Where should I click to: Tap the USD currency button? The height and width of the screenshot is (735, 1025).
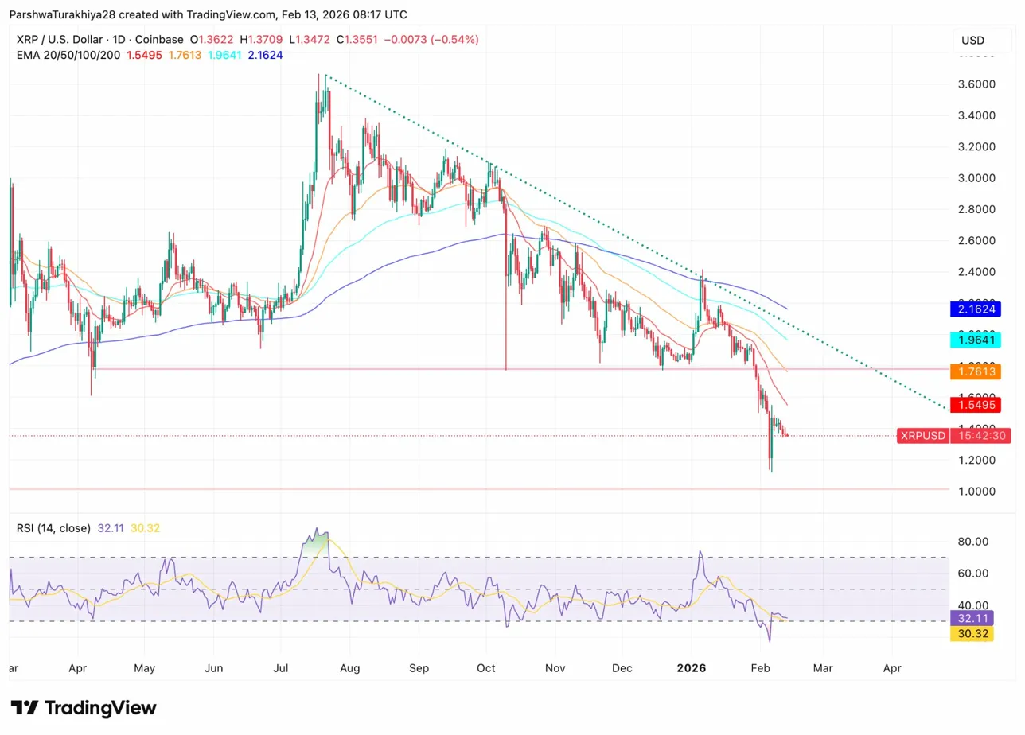pos(972,41)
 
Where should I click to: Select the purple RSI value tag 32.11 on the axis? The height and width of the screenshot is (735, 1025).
pos(972,618)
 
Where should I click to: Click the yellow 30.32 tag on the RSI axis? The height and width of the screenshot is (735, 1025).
pos(972,634)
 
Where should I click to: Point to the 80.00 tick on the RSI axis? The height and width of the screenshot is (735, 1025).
pos(975,542)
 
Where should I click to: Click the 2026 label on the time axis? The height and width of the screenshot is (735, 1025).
pos(692,669)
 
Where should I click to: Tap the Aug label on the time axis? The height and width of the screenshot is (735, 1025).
pos(351,669)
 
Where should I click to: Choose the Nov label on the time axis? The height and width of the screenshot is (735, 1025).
pos(555,669)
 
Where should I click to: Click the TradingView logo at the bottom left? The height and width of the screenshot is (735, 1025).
pos(84,708)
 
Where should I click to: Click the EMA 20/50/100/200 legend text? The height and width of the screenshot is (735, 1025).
pos(69,55)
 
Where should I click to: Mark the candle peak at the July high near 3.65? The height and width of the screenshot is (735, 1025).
pos(320,75)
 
